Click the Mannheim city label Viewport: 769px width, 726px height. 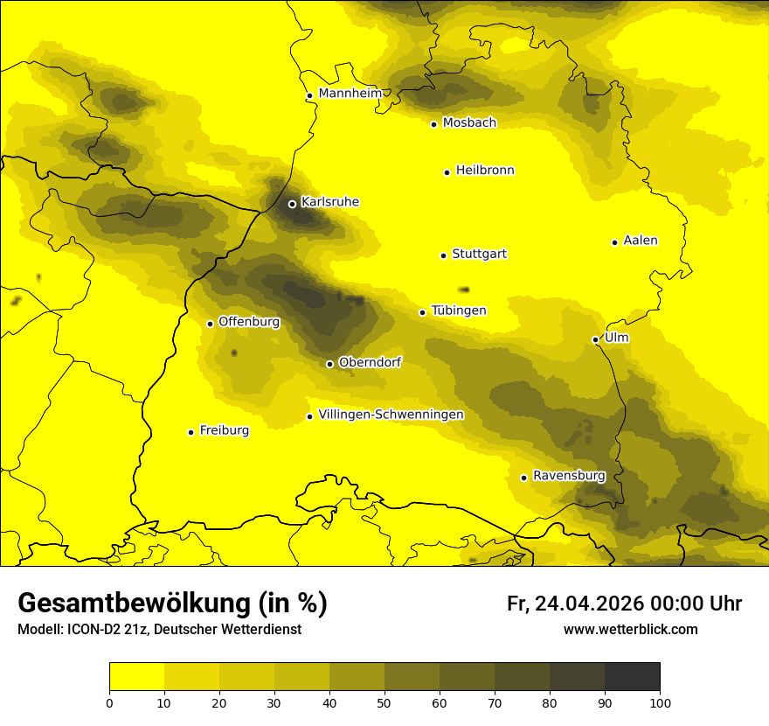(350, 94)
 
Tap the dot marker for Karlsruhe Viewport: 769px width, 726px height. (292, 204)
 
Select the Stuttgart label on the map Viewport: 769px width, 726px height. (479, 255)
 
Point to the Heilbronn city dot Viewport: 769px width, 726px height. (447, 172)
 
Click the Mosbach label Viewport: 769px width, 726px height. (469, 123)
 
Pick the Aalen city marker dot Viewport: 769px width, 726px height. (614, 242)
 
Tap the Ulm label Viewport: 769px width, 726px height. (616, 338)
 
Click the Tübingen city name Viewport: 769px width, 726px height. (459, 311)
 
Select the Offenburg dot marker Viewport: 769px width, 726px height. (210, 324)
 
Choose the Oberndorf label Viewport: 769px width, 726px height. (370, 362)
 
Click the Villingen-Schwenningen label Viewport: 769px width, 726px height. (391, 415)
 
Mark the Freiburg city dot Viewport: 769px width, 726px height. (191, 432)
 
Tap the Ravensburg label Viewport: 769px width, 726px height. (569, 476)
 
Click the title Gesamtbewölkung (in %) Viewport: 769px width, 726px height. (172, 604)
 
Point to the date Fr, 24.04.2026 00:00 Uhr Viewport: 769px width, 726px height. (624, 604)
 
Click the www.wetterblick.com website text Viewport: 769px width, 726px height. (630, 630)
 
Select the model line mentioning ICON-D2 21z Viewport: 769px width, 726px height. (159, 630)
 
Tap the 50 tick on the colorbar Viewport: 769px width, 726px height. (384, 702)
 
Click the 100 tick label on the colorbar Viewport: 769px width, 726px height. (660, 702)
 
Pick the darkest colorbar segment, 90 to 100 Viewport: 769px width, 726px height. (632, 677)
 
